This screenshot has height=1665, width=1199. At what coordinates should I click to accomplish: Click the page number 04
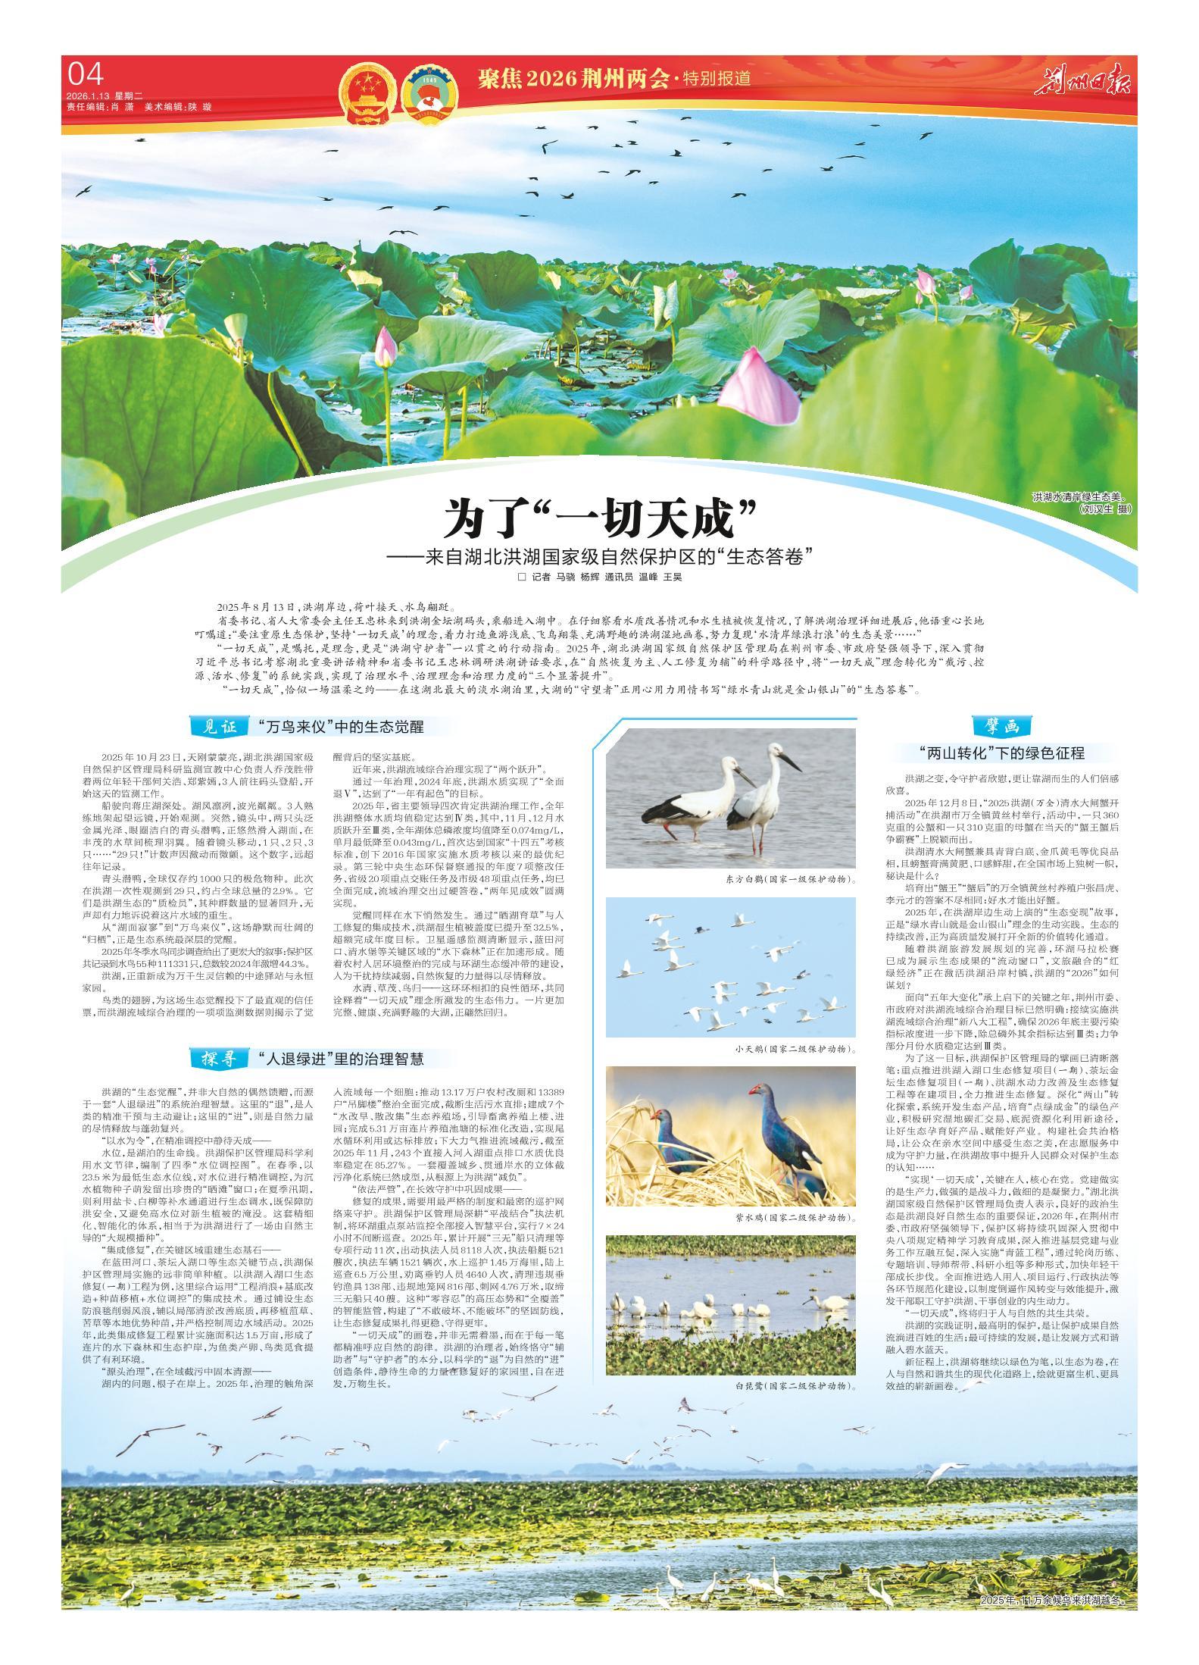pyautogui.click(x=84, y=74)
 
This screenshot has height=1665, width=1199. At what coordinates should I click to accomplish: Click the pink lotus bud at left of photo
pyautogui.click(x=386, y=346)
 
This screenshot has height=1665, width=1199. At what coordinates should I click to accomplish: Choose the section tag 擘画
pyautogui.click(x=1001, y=726)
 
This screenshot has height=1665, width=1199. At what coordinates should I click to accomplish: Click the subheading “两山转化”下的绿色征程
pyautogui.click(x=1001, y=753)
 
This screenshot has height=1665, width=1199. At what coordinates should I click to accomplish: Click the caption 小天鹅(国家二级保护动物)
pyautogui.click(x=795, y=1050)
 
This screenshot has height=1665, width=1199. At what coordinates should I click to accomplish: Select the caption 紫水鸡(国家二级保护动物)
pyautogui.click(x=795, y=1217)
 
